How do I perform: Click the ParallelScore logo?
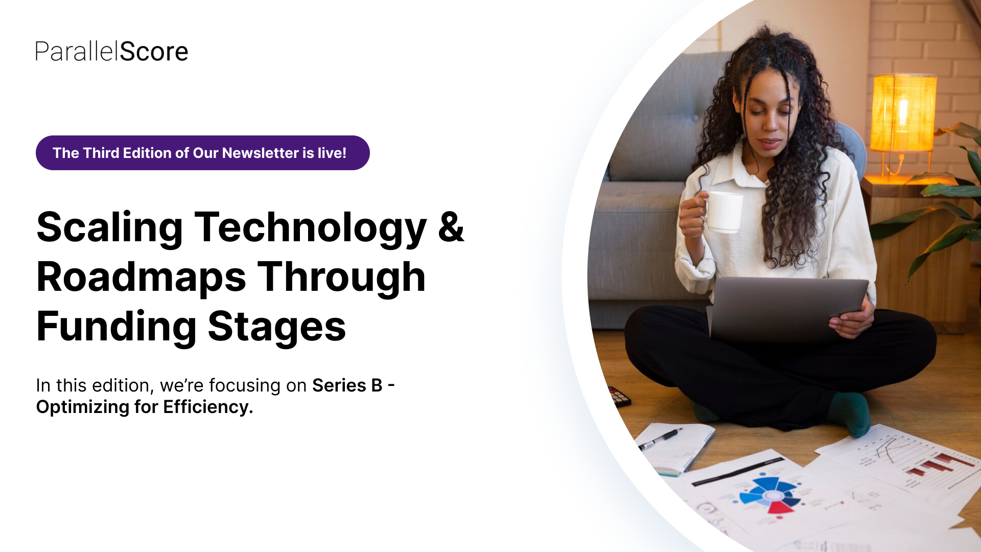tap(111, 52)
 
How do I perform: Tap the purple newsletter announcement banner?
tap(202, 153)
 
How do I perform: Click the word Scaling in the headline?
tap(109, 228)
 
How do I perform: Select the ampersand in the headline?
tap(451, 226)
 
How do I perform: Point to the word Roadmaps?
tap(141, 278)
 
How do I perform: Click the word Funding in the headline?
tap(116, 327)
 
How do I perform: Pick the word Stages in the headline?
tap(277, 327)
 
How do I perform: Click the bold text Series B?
tap(347, 385)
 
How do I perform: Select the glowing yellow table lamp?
tap(903, 113)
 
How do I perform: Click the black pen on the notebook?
tap(660, 440)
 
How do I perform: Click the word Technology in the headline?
tap(311, 228)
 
